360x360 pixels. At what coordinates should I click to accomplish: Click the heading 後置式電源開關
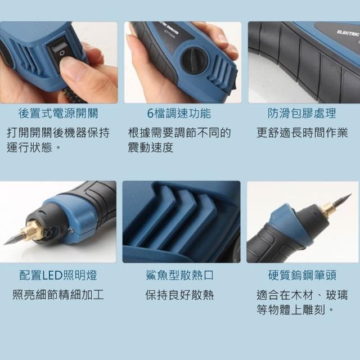[x=58, y=114]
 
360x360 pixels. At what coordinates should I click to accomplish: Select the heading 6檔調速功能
[x=179, y=114]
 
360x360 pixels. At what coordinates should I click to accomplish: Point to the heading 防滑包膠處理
[x=301, y=114]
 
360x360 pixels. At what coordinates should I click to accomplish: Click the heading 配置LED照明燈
[x=58, y=275]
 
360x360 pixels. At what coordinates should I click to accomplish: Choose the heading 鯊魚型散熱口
[x=179, y=275]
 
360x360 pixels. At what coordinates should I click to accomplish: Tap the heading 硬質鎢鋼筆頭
[x=302, y=275]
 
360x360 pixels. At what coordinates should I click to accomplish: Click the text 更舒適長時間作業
[x=302, y=133]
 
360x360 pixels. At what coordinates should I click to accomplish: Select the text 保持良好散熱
[x=179, y=295]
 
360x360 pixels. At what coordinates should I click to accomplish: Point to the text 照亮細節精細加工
[x=58, y=295]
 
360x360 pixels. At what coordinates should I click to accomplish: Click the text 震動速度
[x=151, y=147]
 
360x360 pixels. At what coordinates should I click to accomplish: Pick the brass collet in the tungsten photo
[x=327, y=209]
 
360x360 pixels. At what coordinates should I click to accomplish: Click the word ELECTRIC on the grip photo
[x=348, y=33]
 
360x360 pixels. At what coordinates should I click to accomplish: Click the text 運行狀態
[x=30, y=147]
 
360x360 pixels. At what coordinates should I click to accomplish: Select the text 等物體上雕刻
[x=291, y=310]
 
